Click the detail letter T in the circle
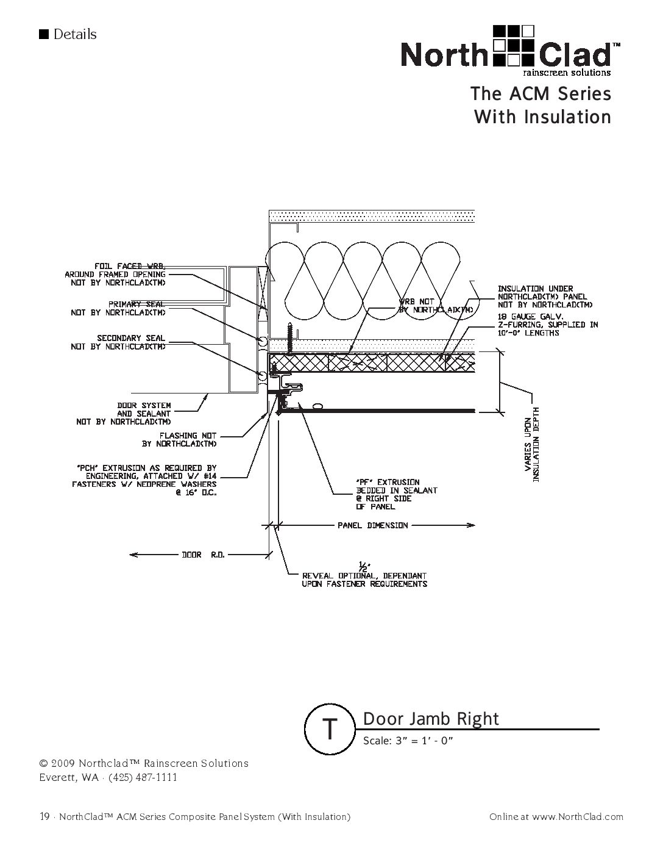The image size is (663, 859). tap(330, 728)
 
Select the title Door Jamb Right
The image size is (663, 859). tap(431, 719)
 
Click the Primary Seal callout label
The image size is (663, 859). tap(118, 308)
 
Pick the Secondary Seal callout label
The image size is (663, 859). tap(118, 342)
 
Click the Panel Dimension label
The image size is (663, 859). tap(373, 525)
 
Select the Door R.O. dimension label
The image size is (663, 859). tap(204, 555)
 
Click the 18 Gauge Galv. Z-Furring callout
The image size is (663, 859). tap(547, 325)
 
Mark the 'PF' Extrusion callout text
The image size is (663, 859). tap(396, 494)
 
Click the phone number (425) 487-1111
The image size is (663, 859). tap(143, 777)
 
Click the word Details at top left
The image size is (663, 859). tap(74, 35)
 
